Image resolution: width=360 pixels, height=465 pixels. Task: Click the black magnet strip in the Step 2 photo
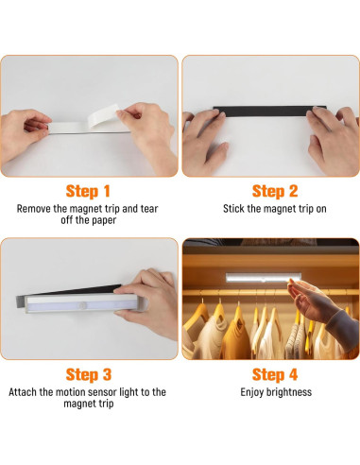tap(269, 112)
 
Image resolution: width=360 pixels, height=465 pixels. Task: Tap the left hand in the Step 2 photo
tap(206, 139)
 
